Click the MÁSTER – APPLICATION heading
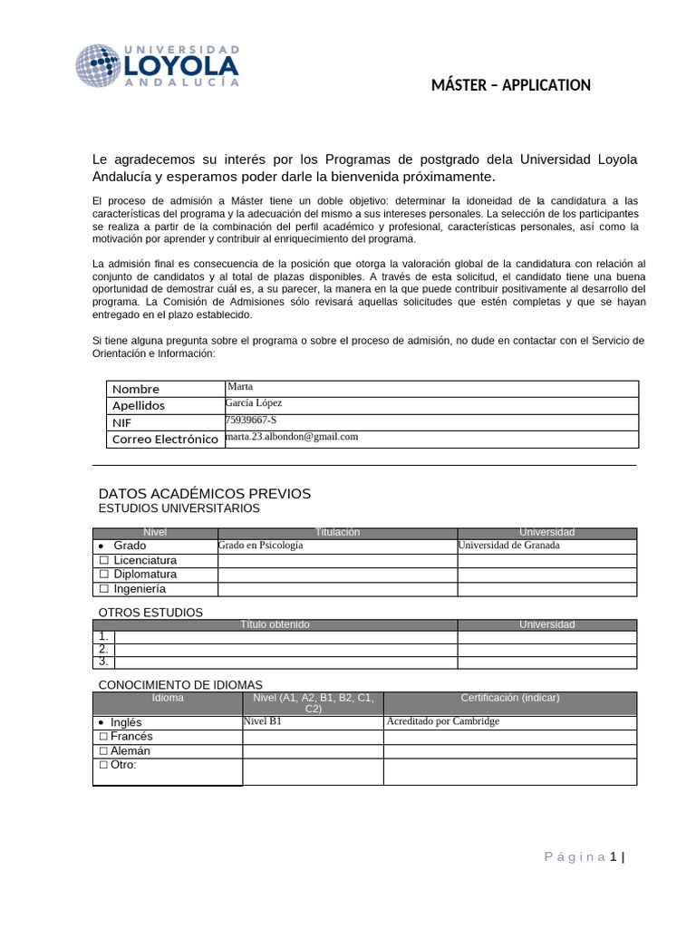(511, 85)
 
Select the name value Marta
(240, 386)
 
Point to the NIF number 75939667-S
(251, 420)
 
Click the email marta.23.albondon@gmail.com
(291, 436)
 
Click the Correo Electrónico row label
(164, 440)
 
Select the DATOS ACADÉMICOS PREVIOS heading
(204, 493)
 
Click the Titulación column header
(337, 532)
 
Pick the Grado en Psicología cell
(261, 546)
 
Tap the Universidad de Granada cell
(508, 546)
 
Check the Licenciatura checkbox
(104, 560)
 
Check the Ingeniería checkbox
(104, 589)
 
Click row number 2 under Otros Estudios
(104, 649)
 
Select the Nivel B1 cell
(263, 721)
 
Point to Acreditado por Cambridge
(442, 721)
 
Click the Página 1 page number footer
(584, 856)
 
